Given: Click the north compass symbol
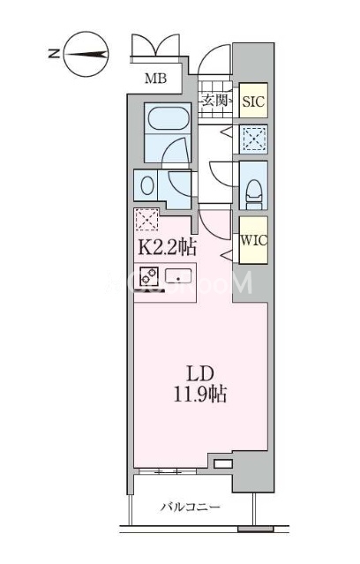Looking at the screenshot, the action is [x=86, y=55].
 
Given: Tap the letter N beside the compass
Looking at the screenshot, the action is [x=54, y=54].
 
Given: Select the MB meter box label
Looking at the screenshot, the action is [x=155, y=78].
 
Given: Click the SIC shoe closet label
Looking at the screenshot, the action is [x=253, y=102].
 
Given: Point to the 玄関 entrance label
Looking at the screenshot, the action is [x=215, y=101].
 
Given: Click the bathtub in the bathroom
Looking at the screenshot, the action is [x=168, y=118].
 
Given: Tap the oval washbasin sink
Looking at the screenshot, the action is [x=147, y=186].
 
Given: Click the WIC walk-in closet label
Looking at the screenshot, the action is [x=253, y=240].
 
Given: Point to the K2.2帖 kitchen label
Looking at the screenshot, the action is [x=168, y=247].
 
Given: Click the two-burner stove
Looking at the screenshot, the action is [x=149, y=276].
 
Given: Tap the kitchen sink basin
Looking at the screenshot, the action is [x=178, y=276].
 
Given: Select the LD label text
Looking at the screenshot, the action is [x=200, y=374].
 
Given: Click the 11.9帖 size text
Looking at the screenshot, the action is [x=200, y=394].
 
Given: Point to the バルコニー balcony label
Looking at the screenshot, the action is [x=190, y=508].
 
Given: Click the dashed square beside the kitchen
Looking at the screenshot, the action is [x=146, y=220].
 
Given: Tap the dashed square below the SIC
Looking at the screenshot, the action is [x=254, y=139].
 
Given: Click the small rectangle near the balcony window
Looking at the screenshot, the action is [x=223, y=463].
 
